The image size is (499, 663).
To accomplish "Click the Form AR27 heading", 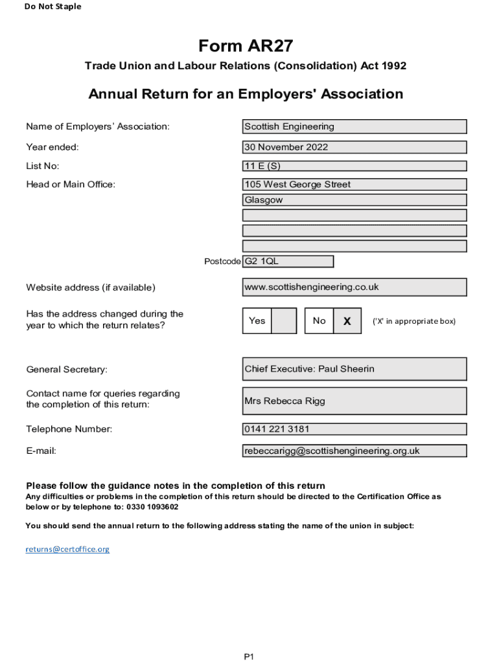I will click(x=246, y=46).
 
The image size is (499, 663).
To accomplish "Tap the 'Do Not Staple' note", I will click(x=53, y=6).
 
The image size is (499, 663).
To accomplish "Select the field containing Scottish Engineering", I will click(x=354, y=127).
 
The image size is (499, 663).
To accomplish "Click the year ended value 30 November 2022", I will click(x=354, y=147).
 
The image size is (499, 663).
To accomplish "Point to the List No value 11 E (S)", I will click(x=354, y=166).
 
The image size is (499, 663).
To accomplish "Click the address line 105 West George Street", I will click(x=354, y=185).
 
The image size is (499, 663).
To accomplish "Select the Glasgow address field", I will click(x=354, y=200).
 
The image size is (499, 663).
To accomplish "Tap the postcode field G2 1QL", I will click(x=288, y=262).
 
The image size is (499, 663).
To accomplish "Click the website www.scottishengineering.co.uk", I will click(x=354, y=287).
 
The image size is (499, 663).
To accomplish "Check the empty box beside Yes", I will click(x=283, y=320).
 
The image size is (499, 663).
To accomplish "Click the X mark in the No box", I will click(x=347, y=321).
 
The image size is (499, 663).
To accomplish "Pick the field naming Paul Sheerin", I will click(x=354, y=369).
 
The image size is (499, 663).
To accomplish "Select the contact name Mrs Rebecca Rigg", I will click(x=354, y=401).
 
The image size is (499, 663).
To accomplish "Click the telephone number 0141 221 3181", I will click(x=354, y=429).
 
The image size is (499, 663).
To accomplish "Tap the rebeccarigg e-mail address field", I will click(x=354, y=451).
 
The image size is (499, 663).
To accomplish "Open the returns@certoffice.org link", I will click(x=67, y=549).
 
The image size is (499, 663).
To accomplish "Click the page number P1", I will click(x=249, y=657).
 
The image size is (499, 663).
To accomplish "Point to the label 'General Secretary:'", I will click(x=67, y=370).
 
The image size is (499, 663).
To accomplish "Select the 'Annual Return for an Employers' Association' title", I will click(x=246, y=94).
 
